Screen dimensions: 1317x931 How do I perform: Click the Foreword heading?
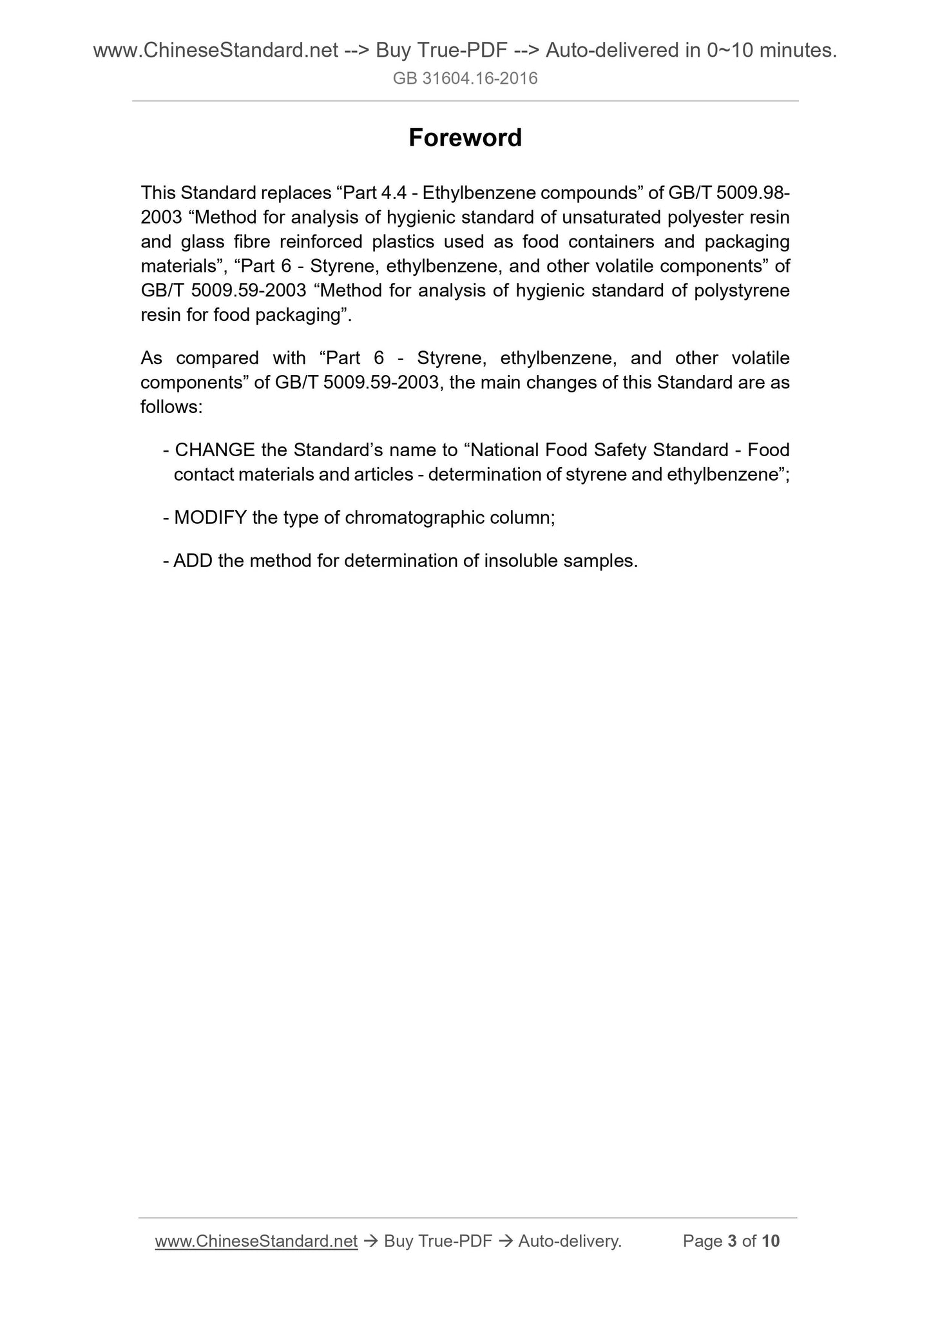pyautogui.click(x=465, y=138)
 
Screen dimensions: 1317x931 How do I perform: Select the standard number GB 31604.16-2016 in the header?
pyautogui.click(x=465, y=79)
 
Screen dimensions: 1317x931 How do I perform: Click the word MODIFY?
pyautogui.click(x=210, y=517)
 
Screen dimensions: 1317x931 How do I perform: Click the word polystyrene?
pyautogui.click(x=742, y=291)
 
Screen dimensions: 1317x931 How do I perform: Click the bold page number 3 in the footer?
pyautogui.click(x=731, y=1241)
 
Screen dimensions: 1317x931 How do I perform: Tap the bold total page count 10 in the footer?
pyautogui.click(x=770, y=1241)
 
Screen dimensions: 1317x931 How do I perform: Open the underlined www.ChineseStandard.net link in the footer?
pyautogui.click(x=256, y=1241)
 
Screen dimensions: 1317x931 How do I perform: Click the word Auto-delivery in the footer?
pyautogui.click(x=570, y=1241)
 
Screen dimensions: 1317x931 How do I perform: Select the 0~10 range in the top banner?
pyautogui.click(x=729, y=50)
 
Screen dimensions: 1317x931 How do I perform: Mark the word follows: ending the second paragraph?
pyautogui.click(x=172, y=407)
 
